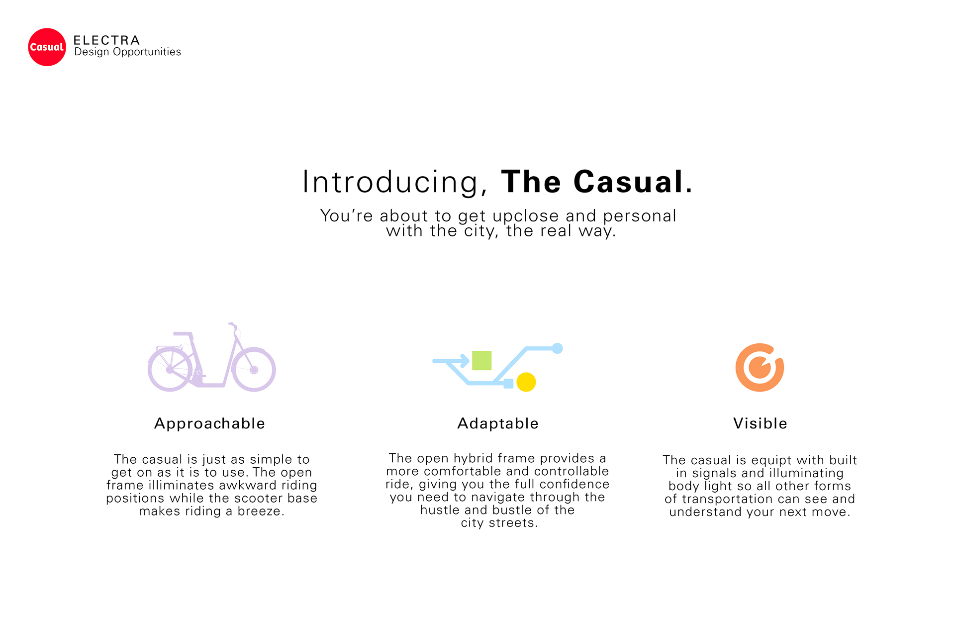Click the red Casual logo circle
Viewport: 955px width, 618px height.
[x=47, y=47]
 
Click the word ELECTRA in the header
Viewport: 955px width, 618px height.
[x=106, y=40]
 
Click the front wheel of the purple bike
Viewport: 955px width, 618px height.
[x=254, y=369]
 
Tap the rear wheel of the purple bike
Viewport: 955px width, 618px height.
[x=170, y=369]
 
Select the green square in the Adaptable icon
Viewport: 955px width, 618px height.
[x=481, y=360]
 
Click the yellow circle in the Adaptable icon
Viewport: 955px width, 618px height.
[x=526, y=382]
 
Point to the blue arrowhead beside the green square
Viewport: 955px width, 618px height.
[x=465, y=361]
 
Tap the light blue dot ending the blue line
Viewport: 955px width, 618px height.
[x=558, y=348]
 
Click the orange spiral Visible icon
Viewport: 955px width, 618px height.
[x=760, y=367]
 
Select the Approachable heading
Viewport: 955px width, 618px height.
[x=209, y=423]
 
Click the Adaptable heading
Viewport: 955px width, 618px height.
[x=497, y=423]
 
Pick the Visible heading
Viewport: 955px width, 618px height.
[x=760, y=423]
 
